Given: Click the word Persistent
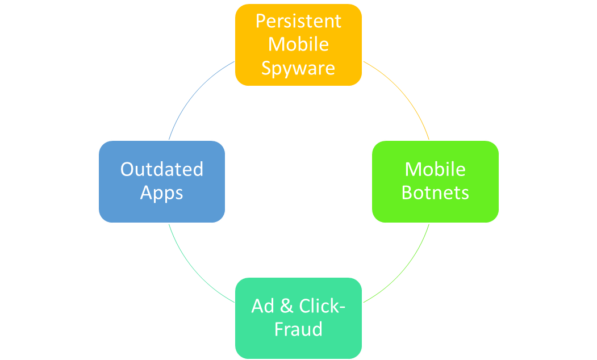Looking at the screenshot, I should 298,22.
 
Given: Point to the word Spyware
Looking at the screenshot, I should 298,68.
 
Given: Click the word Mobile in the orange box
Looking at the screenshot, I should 298,44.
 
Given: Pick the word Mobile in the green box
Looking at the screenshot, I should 435,169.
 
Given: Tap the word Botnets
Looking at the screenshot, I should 435,192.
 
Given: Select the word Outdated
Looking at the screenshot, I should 162,169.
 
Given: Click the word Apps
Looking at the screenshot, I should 162,193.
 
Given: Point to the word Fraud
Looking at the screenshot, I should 298,329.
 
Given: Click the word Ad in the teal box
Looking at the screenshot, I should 263,306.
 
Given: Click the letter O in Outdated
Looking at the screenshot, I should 127,169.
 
